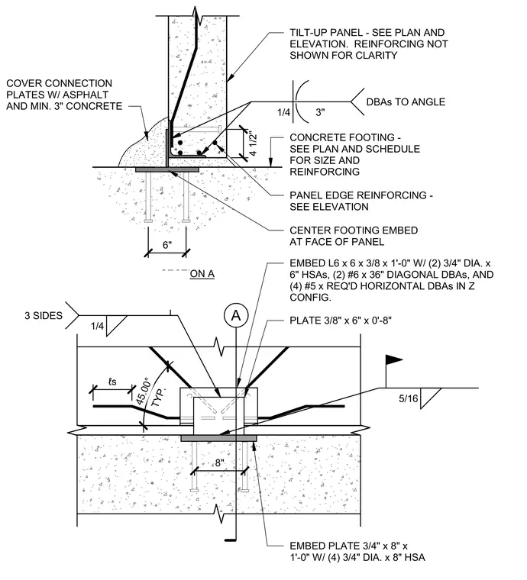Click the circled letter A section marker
[x=236, y=316]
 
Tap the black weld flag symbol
[x=394, y=359]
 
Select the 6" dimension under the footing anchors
[x=167, y=245]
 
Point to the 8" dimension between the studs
[x=220, y=462]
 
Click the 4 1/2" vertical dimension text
[x=253, y=143]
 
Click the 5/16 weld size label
[x=408, y=398]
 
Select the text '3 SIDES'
[x=44, y=315]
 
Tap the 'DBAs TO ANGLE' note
[x=406, y=101]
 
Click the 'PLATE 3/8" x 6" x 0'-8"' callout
[x=341, y=320]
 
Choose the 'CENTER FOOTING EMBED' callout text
[x=354, y=230]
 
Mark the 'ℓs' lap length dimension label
[x=112, y=382]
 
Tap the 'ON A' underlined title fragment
[x=202, y=274]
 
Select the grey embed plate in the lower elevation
[x=218, y=438]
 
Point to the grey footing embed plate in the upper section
[x=167, y=169]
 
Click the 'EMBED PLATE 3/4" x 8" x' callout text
[x=348, y=546]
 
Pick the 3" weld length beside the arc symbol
[x=321, y=112]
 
